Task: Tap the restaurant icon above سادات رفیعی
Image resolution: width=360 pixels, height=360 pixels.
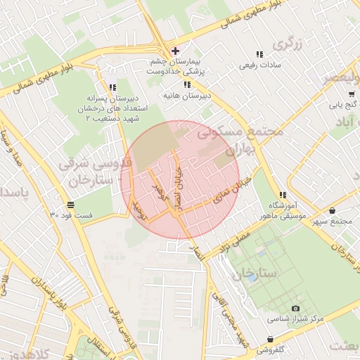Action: pyautogui.click(x=259, y=54)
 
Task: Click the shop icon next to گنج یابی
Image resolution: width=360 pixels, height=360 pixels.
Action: pyautogui.click(x=351, y=93)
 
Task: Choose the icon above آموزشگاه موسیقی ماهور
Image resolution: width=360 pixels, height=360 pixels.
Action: pyautogui.click(x=283, y=195)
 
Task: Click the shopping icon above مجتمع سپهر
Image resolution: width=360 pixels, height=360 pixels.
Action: pyautogui.click(x=331, y=210)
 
